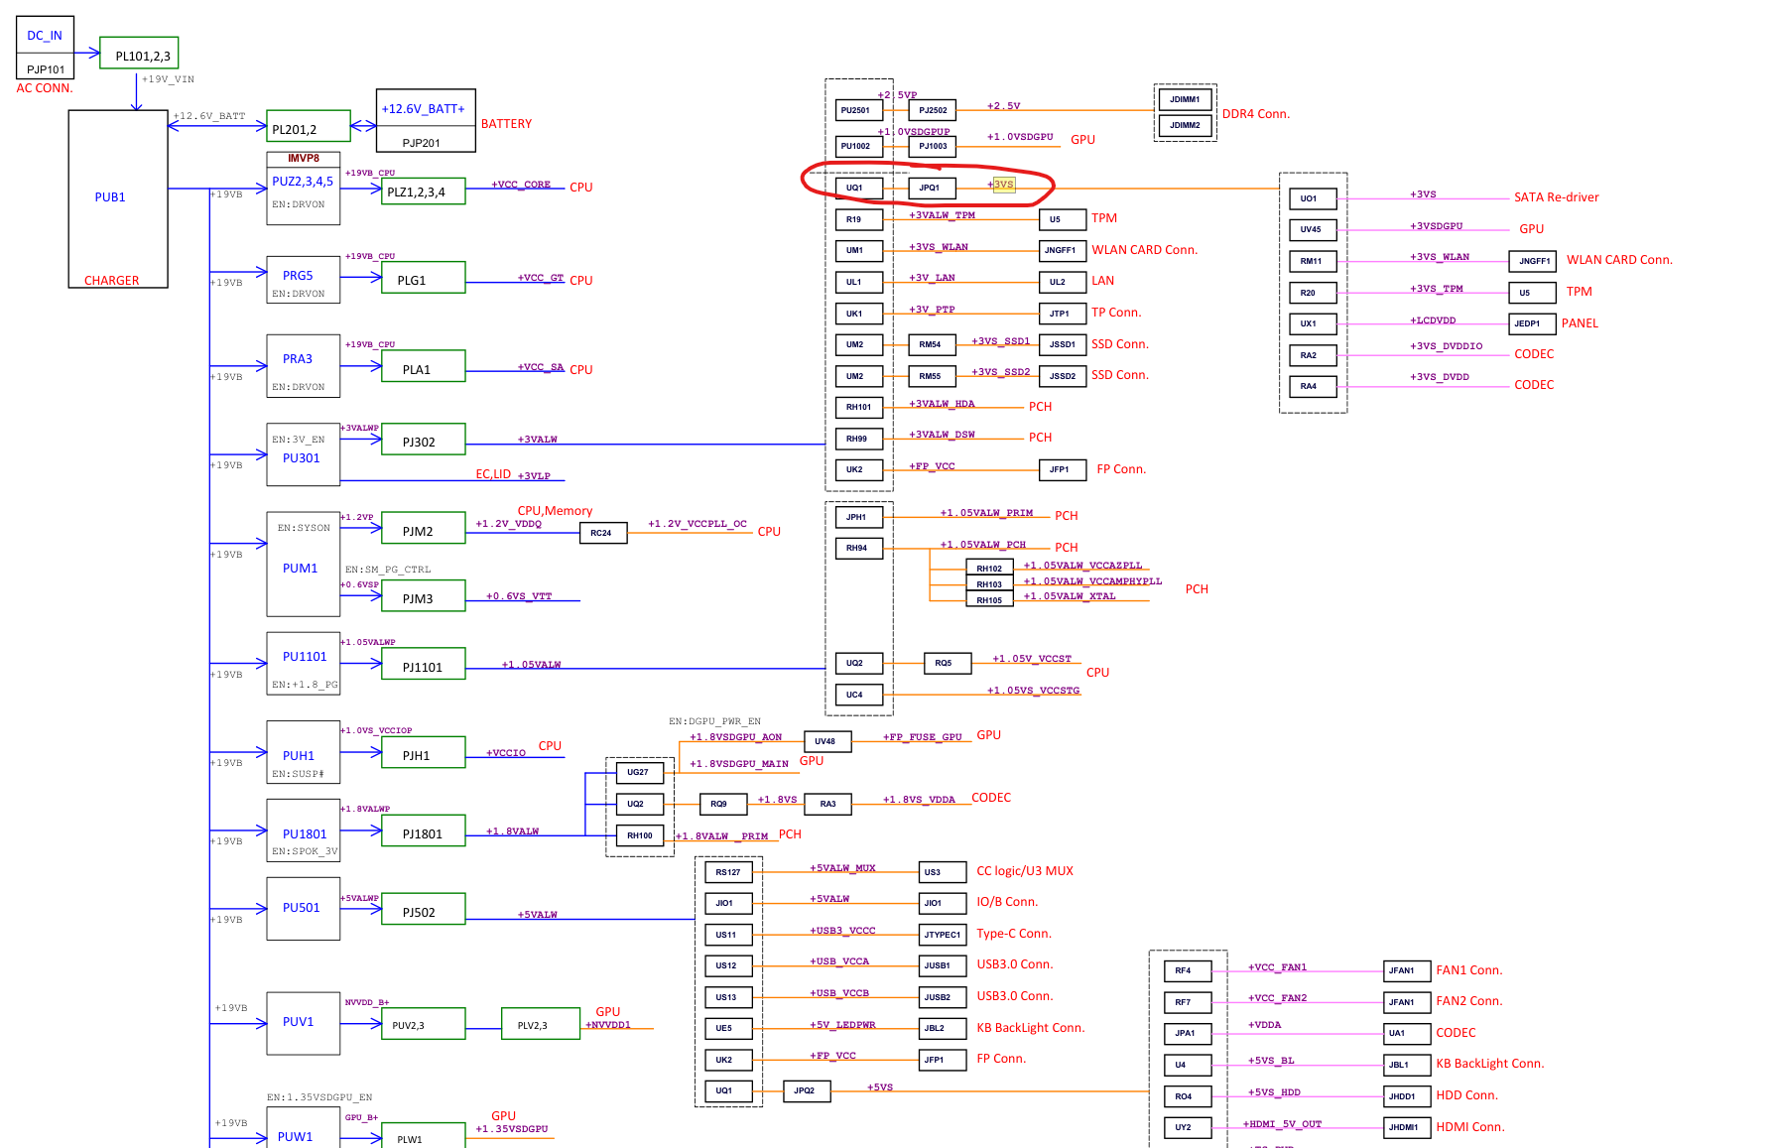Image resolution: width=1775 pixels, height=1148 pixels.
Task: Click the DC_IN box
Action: tap(45, 36)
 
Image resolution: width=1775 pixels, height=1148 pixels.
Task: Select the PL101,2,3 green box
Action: tap(139, 54)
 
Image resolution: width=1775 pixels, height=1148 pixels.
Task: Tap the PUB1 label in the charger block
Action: tap(110, 197)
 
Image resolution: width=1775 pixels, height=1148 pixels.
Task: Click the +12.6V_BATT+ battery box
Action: tap(425, 109)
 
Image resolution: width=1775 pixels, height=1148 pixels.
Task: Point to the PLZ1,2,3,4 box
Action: tap(423, 191)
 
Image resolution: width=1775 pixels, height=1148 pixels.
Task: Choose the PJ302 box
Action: tap(423, 441)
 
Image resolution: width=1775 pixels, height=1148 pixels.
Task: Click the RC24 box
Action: tap(602, 533)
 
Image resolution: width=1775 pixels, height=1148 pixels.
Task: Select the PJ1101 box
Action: tap(423, 666)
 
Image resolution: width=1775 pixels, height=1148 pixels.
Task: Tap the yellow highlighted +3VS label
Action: tap(1004, 185)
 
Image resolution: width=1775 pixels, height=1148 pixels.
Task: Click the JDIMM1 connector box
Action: tap(1185, 99)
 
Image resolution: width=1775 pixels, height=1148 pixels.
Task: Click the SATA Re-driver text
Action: tap(1556, 197)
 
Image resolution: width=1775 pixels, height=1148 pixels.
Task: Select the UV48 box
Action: tap(826, 741)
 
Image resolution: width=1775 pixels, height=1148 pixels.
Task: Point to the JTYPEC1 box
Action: tap(943, 935)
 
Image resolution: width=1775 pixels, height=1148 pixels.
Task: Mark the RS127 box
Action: tap(728, 872)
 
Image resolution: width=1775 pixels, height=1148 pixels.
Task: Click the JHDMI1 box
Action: tap(1406, 1127)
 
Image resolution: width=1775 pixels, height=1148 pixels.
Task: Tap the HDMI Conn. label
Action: tap(1469, 1127)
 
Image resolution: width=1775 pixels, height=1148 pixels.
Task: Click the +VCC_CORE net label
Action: tap(521, 185)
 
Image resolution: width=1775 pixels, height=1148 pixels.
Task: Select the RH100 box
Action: tap(640, 835)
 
